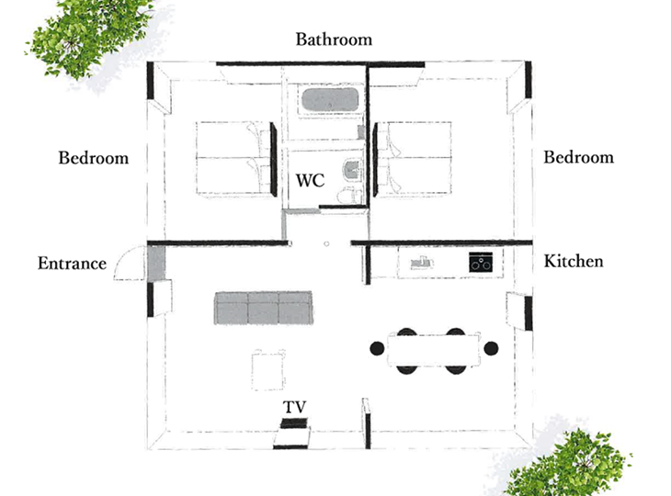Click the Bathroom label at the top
coord(334,39)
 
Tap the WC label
coord(311,180)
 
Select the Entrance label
coord(72,263)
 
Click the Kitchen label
coord(574,261)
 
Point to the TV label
coord(295,407)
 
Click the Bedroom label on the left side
coord(93,158)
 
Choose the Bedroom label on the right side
coord(578,157)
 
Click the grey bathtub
coord(330,100)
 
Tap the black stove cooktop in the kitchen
coord(481,262)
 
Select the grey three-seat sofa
coord(263,308)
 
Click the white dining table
coord(434,349)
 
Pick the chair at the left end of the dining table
coord(377,348)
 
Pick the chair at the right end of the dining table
coord(491,348)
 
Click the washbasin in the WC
coord(352,170)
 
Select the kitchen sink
coord(423,263)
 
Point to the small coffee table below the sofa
coord(267,370)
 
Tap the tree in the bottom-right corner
coord(569,464)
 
